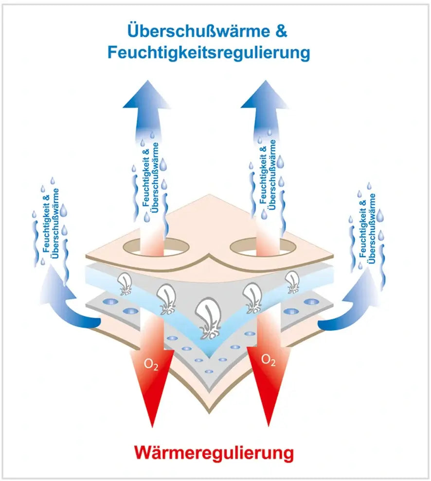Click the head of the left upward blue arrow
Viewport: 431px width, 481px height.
145,95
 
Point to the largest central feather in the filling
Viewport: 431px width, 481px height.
210,319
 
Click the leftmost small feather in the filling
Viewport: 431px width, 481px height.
126,284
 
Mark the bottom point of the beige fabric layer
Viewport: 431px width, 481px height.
210,412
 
